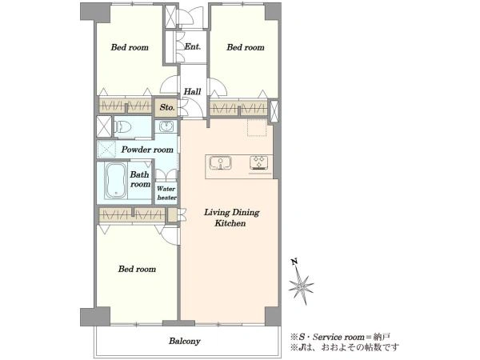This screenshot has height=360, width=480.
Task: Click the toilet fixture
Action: tap(123, 126)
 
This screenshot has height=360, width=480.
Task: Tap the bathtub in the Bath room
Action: tap(116, 181)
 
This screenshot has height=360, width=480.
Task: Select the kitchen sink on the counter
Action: tap(220, 162)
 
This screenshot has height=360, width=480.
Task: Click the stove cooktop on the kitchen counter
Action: tap(259, 162)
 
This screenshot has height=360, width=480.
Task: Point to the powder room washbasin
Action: tap(166, 126)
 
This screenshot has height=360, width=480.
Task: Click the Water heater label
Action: tap(166, 193)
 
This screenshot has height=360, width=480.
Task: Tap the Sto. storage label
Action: tap(167, 107)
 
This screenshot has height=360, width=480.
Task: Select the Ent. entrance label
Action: tap(193, 46)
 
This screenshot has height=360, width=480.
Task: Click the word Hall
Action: tap(192, 91)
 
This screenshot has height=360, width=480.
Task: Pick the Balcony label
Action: tap(185, 341)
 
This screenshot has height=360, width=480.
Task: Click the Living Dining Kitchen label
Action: tap(231, 218)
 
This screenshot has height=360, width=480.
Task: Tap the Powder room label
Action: tap(147, 150)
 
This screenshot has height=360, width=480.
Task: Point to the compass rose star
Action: tap(301, 287)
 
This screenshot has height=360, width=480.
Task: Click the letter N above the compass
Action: tap(294, 262)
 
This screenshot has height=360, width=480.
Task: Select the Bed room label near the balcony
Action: tap(137, 269)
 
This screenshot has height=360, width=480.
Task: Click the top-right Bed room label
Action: tap(246, 47)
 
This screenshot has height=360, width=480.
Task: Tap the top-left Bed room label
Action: tap(130, 47)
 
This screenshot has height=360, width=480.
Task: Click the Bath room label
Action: tap(140, 179)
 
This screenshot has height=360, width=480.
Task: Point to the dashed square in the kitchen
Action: tap(257, 126)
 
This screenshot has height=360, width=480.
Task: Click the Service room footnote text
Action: tap(341, 337)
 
